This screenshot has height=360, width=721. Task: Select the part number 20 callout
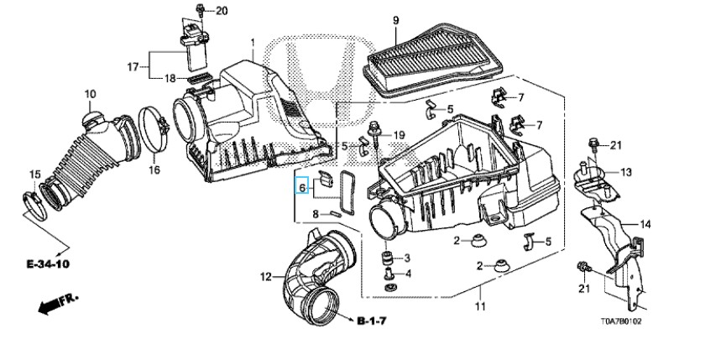coord(222,11)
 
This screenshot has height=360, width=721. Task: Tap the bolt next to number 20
coord(201,10)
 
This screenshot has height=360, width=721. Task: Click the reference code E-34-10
coord(49,264)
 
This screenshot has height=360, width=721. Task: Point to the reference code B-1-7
coord(372,321)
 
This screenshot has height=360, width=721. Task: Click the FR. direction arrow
coord(58,304)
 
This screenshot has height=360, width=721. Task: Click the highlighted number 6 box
coord(301,185)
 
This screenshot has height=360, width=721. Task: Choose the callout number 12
coord(266,277)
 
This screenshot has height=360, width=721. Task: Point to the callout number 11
coord(480,306)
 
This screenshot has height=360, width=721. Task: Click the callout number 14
coord(645,224)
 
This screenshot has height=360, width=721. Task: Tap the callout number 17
coord(133,67)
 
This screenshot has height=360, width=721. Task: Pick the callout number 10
coord(90,94)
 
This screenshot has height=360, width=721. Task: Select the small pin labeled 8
coord(335,213)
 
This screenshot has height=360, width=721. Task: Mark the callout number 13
coord(626,172)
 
